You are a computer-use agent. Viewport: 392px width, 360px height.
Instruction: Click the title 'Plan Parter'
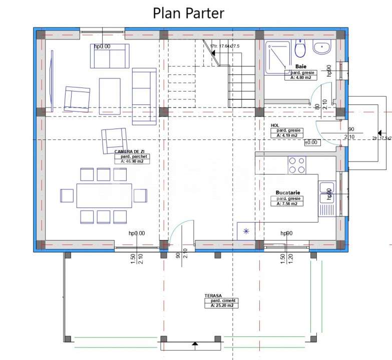coord(188,12)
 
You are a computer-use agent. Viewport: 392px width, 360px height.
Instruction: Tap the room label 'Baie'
coord(300,66)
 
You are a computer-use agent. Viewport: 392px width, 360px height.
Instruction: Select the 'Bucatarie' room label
coord(287,192)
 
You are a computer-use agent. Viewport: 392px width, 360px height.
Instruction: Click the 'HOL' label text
coord(274,125)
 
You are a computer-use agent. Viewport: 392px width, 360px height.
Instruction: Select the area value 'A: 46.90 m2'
coord(132,161)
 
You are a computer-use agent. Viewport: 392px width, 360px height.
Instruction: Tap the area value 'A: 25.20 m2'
coord(221,305)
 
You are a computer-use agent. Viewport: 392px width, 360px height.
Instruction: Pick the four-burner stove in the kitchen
coord(296,165)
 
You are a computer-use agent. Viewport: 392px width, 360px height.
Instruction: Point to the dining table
coord(104,195)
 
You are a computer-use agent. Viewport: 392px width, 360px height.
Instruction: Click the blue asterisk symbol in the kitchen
coord(245,230)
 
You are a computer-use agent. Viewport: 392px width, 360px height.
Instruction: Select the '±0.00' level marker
coord(311,142)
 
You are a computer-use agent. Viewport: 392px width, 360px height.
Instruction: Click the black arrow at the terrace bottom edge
coord(193,343)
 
